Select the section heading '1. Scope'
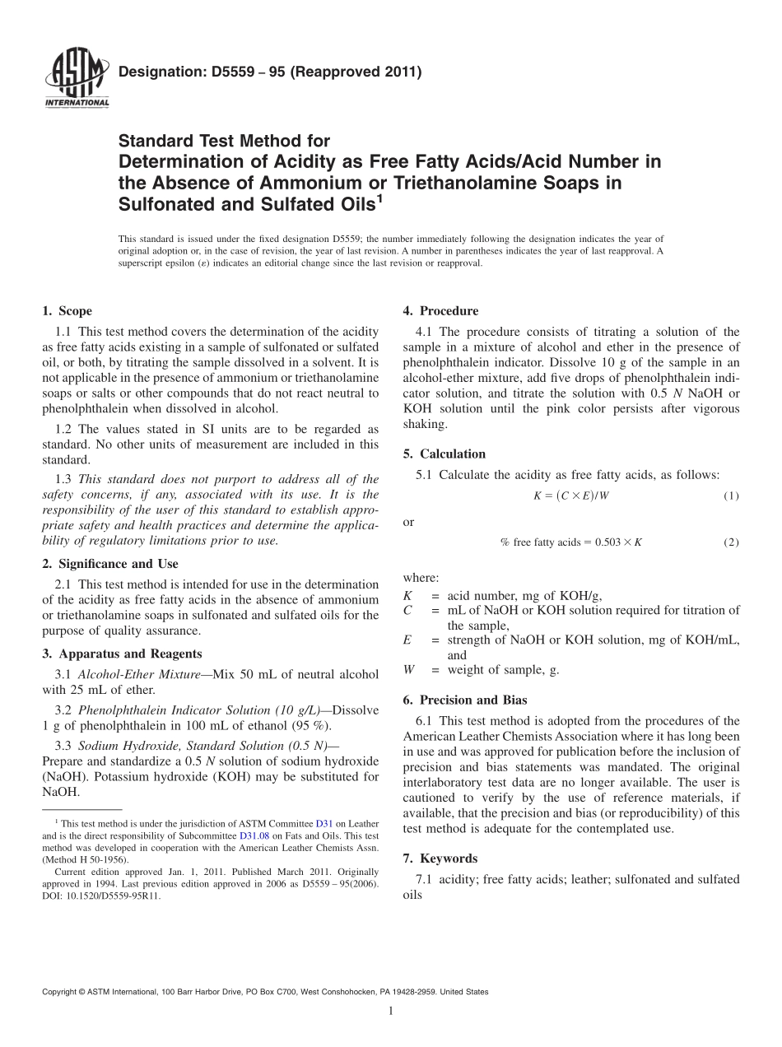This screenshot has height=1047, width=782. [x=67, y=311]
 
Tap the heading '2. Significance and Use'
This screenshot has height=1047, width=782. [x=109, y=564]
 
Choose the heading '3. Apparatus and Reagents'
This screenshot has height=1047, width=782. [x=122, y=654]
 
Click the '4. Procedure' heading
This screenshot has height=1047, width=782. [x=440, y=311]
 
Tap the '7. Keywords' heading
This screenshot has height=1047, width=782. [x=440, y=858]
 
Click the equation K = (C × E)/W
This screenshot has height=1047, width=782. [x=571, y=496]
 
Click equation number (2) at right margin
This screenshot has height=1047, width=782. [x=731, y=542]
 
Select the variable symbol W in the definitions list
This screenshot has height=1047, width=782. [x=408, y=669]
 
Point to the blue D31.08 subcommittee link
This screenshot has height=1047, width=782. [x=253, y=835]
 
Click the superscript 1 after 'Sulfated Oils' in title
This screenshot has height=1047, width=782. [x=379, y=198]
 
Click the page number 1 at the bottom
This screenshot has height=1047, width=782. [x=391, y=1011]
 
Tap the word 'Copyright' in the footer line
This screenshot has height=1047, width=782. [x=59, y=992]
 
